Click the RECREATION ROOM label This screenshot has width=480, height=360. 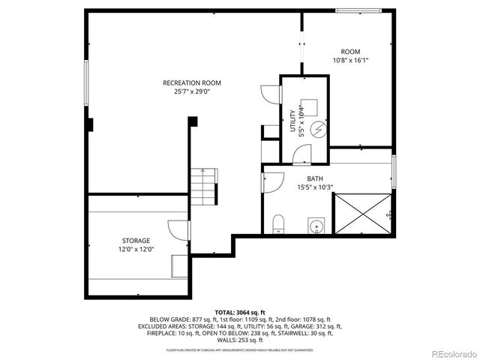point(192,82)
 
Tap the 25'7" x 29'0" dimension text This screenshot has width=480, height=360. point(192,92)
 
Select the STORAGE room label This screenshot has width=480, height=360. point(136,241)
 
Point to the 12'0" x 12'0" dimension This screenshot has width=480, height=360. point(136,250)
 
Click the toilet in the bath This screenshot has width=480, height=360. point(278,223)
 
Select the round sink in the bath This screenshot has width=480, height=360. point(316,225)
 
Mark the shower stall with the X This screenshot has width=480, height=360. point(362,213)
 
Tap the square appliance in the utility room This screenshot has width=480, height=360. point(308,106)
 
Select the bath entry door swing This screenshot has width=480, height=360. point(271,183)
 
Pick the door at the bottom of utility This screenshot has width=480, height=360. point(301,155)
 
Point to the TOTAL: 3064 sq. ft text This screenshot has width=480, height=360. point(240,311)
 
